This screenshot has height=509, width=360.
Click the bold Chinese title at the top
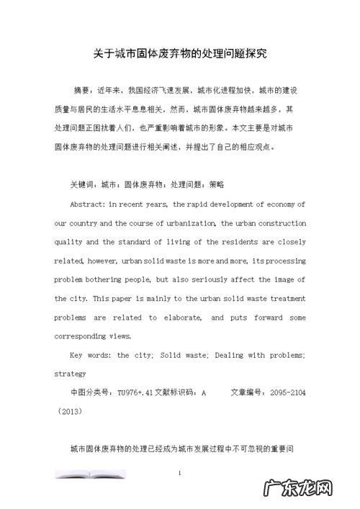pyautogui.click(x=180, y=54)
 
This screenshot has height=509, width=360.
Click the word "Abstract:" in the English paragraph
pyautogui.click(x=89, y=204)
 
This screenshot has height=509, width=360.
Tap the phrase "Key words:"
pyautogui.click(x=89, y=355)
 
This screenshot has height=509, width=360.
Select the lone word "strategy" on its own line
pyautogui.click(x=71, y=374)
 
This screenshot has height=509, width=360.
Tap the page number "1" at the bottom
pyautogui.click(x=179, y=473)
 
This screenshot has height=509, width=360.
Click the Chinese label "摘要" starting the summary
pyautogui.click(x=83, y=91)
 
